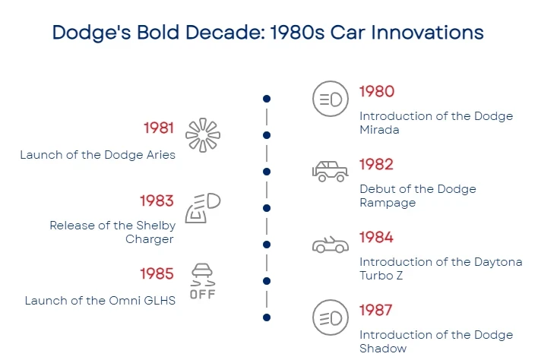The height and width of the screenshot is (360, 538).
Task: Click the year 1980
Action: (377, 92)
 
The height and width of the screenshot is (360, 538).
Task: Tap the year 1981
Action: (159, 128)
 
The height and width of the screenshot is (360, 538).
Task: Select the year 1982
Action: (376, 165)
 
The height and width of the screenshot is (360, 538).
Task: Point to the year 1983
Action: (157, 201)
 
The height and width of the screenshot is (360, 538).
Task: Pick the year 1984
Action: (376, 237)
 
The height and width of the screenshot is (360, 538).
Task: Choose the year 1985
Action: (157, 274)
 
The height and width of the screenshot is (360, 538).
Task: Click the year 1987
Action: (375, 311)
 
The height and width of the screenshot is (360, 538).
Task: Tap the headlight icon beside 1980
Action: (331, 99)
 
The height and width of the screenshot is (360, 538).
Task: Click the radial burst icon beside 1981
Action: (203, 135)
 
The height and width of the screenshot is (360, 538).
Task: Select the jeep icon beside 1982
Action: (330, 171)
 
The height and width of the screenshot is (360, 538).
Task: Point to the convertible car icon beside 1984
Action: (331, 245)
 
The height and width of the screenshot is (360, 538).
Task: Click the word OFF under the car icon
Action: (202, 294)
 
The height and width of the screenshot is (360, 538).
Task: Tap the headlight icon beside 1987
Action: (331, 317)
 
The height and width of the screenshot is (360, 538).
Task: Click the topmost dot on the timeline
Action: (267, 99)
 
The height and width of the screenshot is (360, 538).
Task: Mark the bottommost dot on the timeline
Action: (267, 317)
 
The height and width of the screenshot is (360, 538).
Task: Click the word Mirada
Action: (379, 130)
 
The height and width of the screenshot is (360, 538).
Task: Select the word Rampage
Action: (388, 203)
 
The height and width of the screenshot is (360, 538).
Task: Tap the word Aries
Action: (161, 155)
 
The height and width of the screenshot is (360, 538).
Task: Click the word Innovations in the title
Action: (428, 33)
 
